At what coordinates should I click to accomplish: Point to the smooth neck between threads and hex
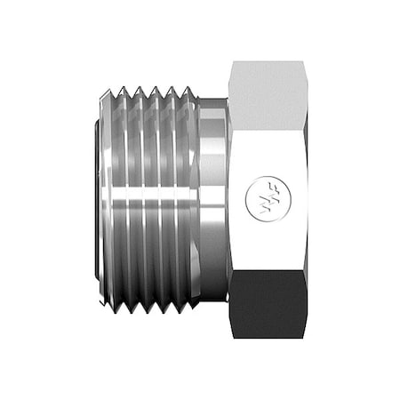(x=212, y=200)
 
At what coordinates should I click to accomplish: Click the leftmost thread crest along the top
(x=119, y=89)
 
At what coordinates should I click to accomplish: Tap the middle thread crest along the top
(x=154, y=89)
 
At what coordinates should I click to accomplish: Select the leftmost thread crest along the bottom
(x=119, y=310)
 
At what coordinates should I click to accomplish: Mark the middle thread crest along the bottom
(x=154, y=310)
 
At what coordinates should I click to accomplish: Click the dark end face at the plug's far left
(x=95, y=200)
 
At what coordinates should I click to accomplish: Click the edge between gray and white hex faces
(x=267, y=125)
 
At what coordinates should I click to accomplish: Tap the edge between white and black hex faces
(x=267, y=275)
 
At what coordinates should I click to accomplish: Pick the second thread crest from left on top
(x=137, y=89)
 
